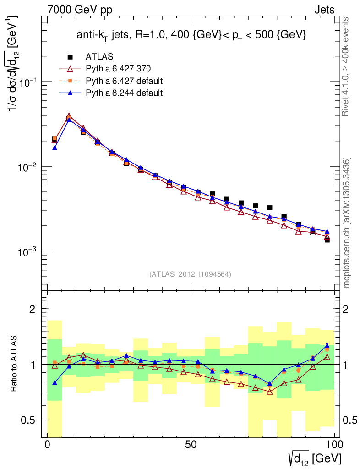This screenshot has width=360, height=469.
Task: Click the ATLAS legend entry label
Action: click(99, 57)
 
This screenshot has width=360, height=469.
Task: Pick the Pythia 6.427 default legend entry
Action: click(124, 81)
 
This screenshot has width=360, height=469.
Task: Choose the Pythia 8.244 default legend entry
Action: click(124, 93)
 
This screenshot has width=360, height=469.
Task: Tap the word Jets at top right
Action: click(324, 10)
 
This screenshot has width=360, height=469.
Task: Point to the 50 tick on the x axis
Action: click(191, 445)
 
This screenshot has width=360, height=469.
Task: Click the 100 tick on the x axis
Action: click(334, 445)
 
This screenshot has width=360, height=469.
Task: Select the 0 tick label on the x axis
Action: click(48, 445)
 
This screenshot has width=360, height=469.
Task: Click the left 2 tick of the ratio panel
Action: click(33, 309)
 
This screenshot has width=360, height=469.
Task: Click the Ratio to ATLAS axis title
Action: click(15, 364)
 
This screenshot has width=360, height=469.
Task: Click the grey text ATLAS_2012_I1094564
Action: click(190, 274)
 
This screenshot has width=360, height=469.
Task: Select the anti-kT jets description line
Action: click(191, 36)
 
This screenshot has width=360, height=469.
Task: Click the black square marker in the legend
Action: click(70, 57)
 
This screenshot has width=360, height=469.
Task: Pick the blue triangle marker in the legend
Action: click(70, 93)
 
